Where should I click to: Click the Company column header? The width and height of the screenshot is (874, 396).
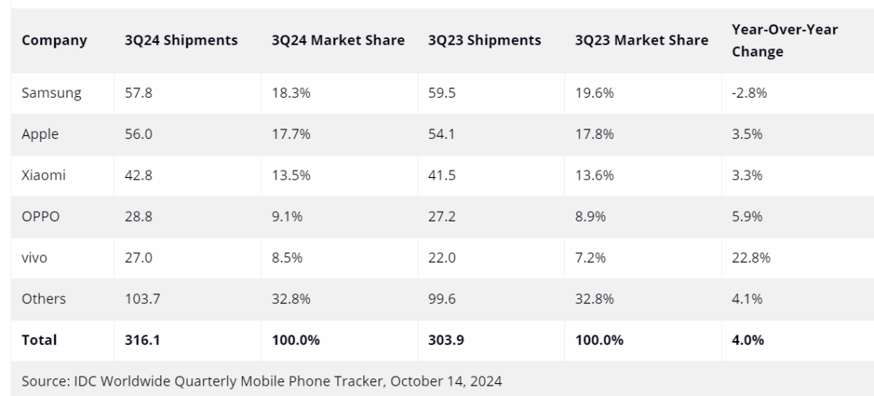click(x=54, y=40)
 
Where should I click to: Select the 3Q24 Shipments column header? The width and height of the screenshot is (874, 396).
click(x=180, y=40)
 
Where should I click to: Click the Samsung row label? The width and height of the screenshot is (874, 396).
click(x=51, y=93)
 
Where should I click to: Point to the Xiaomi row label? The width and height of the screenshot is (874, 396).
click(x=44, y=175)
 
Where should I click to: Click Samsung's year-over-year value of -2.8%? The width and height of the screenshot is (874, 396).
click(x=749, y=93)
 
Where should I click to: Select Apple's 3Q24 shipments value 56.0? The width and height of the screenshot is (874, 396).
click(x=138, y=134)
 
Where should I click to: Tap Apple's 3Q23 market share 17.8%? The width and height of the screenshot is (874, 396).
click(x=594, y=134)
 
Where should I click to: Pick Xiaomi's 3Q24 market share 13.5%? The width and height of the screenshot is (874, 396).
click(x=291, y=175)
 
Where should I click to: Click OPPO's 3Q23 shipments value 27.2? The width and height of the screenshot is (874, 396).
click(x=442, y=217)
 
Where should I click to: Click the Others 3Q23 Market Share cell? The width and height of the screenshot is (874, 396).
click(x=594, y=299)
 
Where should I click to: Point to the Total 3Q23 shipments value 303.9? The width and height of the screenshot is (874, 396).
click(x=445, y=340)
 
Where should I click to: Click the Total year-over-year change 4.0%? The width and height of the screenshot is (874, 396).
click(x=747, y=340)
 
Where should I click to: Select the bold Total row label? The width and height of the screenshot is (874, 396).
click(x=40, y=340)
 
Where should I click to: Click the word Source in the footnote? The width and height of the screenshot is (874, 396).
click(x=45, y=381)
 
